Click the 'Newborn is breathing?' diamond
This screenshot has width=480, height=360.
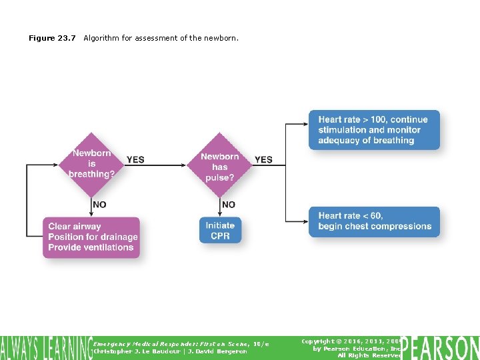tap(91, 164)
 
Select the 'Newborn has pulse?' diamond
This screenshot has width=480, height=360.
tap(219, 164)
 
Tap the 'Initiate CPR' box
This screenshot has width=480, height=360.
tap(220, 231)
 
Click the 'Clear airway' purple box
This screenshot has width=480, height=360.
tap(92, 237)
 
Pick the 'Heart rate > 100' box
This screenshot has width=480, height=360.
tap(373, 130)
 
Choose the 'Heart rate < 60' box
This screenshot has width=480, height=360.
tap(373, 221)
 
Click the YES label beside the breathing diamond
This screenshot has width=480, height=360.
tap(135, 160)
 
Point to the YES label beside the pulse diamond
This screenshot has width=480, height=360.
tap(263, 160)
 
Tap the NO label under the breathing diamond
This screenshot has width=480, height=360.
tap(99, 205)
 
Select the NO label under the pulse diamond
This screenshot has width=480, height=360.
tap(228, 205)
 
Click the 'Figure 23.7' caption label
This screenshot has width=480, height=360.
tap(52, 38)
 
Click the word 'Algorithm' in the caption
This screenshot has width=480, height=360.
tap(102, 38)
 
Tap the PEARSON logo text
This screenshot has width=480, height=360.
tap(440, 347)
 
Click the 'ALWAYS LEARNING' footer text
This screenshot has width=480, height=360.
tap(45, 347)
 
